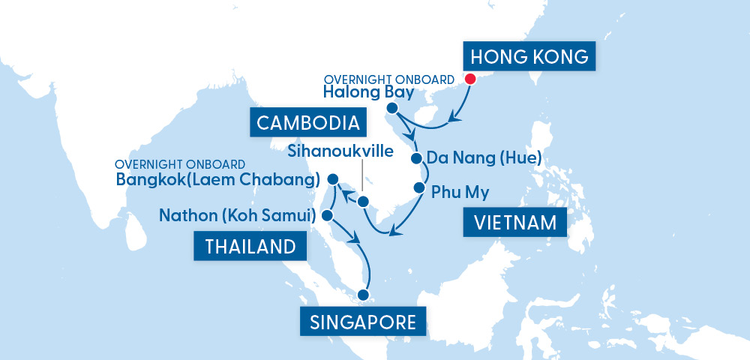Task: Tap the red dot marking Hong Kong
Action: coord(470,79)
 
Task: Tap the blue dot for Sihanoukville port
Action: coord(363,201)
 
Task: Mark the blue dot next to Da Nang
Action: coord(416,158)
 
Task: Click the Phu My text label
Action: coord(460,192)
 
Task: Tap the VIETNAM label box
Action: coord(515,223)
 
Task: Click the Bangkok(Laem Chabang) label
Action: coord(218,180)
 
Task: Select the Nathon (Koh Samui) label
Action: coord(235,216)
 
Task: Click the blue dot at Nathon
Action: coord(327,215)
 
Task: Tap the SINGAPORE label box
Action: coord(363,322)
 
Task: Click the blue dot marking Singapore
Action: coord(365,295)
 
